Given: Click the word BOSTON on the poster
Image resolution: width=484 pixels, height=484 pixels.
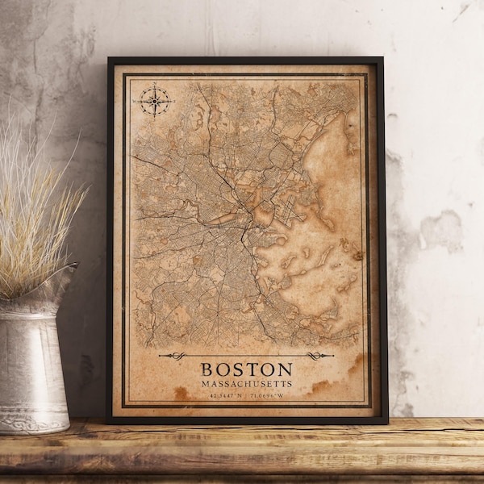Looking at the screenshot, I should pyautogui.click(x=246, y=369).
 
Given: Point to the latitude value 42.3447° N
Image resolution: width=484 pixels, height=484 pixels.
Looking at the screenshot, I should pyautogui.click(x=223, y=394).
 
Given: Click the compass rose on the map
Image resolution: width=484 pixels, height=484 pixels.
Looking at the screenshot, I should pyautogui.click(x=155, y=101).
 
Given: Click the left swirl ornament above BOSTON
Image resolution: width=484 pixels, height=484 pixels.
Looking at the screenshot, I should pyautogui.click(x=176, y=356).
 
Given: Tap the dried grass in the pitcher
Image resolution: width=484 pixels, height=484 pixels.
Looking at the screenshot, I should pyautogui.click(x=32, y=210).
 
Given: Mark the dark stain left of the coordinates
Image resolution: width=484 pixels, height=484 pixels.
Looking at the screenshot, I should pyautogui.click(x=182, y=393).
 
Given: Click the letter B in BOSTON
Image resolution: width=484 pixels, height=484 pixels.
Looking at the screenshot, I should pyautogui.click(x=207, y=369).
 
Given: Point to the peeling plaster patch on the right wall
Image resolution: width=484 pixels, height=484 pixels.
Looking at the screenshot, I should pyautogui.click(x=442, y=230).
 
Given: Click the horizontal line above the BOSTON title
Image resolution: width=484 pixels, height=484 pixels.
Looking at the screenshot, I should pyautogui.click(x=246, y=356).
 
